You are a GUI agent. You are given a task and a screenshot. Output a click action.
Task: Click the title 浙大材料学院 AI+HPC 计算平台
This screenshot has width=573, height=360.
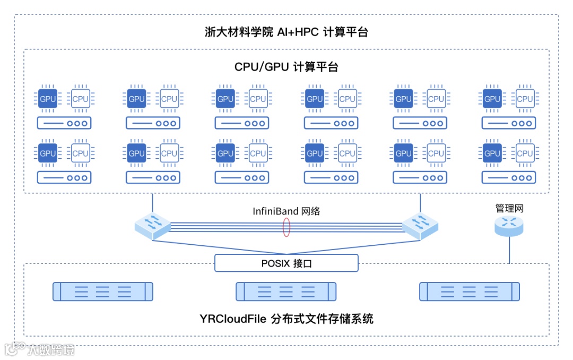pos(286,32)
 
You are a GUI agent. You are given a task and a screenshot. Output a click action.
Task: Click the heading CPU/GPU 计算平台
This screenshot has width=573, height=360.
pos(286,67)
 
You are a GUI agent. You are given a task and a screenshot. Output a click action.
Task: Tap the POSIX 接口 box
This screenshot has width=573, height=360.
pos(286,263)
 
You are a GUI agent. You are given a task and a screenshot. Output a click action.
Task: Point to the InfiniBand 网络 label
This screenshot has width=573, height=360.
pos(286,211)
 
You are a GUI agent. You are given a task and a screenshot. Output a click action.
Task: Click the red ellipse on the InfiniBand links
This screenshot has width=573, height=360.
pos(286,227)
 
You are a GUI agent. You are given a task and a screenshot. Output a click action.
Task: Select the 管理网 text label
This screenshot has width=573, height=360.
pos(509,209)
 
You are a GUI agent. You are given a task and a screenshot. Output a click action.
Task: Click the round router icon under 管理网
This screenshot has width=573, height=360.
pos(509,226)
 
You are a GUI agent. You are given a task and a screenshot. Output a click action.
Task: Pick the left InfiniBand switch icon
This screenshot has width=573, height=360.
pos(152,225)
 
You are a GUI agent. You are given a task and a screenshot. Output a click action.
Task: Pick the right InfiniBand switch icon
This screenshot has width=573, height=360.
pos(421,225)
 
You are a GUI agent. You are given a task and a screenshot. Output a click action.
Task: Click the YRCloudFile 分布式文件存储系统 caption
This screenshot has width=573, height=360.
pos(286,319)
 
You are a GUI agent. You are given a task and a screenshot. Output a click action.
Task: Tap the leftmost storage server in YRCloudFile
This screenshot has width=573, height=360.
pos(103,292)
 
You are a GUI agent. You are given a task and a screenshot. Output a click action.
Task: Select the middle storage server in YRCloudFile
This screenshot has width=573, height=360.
pos(286,292)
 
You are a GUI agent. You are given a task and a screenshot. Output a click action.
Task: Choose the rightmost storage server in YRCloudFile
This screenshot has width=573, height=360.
pos(470,292)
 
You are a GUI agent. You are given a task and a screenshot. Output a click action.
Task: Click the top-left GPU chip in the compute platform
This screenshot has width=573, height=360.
pos(48,99)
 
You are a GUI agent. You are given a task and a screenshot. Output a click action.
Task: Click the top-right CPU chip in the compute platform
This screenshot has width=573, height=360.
pos(525,99)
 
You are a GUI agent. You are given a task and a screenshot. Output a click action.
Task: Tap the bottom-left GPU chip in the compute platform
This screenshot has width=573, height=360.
pos(48,153)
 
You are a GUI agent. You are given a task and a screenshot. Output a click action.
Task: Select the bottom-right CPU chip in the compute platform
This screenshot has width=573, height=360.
pos(525,153)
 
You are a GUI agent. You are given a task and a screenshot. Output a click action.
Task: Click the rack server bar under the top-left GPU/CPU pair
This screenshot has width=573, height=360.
pos(64,123)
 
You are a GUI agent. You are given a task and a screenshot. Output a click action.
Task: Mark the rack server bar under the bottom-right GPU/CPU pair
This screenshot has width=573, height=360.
pos(509,177)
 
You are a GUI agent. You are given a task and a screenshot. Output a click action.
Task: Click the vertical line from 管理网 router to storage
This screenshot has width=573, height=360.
pos(509,250)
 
